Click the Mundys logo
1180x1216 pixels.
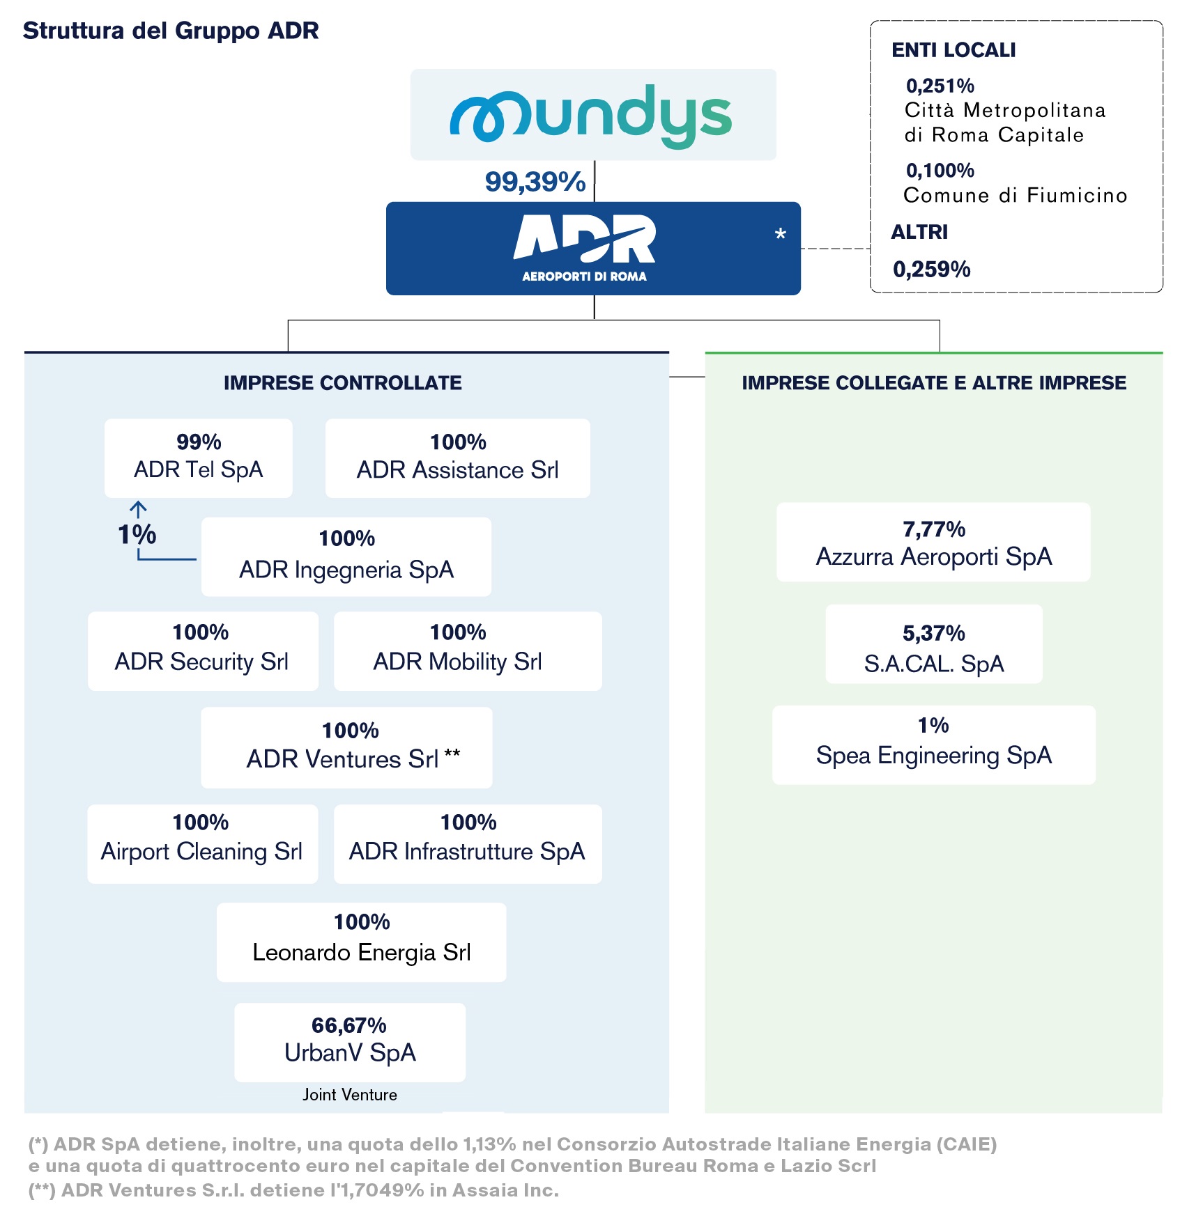591,116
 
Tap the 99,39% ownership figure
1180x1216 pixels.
535,182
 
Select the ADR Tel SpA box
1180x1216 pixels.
199,458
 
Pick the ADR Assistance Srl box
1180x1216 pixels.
458,458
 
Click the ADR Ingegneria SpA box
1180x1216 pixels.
346,556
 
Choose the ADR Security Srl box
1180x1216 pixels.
203,651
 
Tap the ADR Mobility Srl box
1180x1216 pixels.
468,651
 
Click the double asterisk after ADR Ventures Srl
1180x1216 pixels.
452,754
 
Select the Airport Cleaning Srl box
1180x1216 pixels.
203,844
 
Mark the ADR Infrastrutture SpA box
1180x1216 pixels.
468,844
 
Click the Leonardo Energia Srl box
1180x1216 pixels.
362,942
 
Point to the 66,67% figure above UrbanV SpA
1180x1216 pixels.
349,1025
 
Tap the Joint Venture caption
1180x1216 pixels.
350,1095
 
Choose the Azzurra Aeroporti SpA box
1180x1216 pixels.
934,542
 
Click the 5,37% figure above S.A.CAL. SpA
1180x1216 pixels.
934,633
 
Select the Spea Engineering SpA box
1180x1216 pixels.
934,745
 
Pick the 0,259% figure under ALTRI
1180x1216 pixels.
932,270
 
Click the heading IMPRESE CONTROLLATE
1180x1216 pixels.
343,383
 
